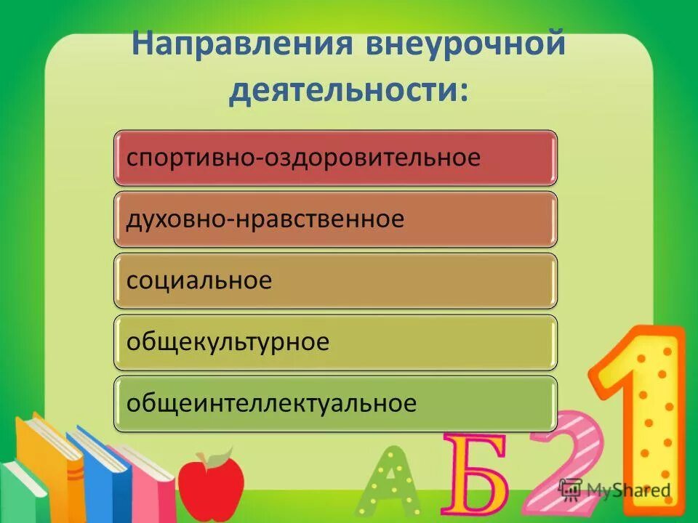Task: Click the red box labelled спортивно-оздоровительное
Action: click(335, 158)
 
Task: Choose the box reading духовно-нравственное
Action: click(335, 219)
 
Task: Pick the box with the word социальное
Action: click(335, 280)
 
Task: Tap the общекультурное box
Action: click(335, 341)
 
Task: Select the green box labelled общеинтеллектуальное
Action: click(335, 403)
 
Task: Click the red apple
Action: click(211, 483)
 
